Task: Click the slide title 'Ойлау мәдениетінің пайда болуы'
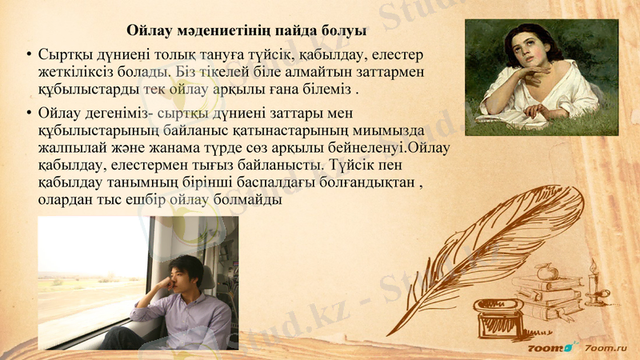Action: [247, 32]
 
